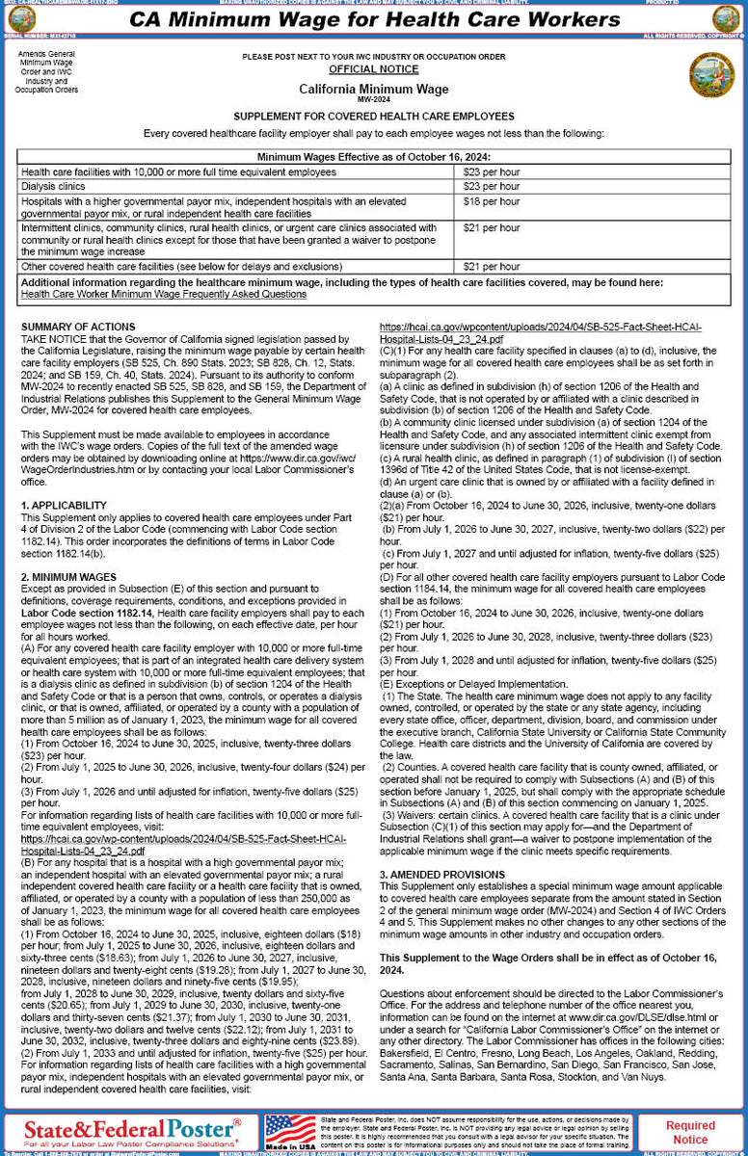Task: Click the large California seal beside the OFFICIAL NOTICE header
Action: click(x=711, y=75)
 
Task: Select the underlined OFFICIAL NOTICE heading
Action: click(x=373, y=69)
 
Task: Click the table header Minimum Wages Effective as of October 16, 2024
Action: click(x=373, y=157)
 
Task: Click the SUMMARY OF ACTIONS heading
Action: click(x=78, y=328)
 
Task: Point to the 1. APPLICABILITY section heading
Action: click(x=64, y=505)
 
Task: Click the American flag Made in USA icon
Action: click(x=291, y=1132)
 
